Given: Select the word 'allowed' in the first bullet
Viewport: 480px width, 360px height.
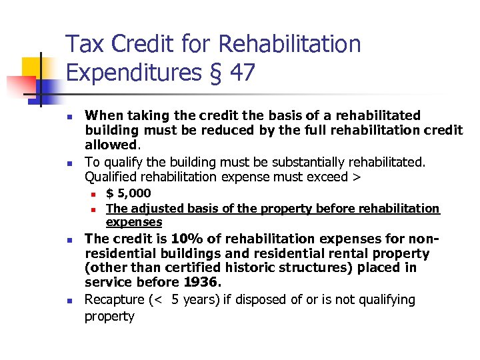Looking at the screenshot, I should tap(110, 145).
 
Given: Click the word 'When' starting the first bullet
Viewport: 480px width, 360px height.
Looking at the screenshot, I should tap(101, 115).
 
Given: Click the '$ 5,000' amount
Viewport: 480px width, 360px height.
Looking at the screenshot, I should tap(129, 193).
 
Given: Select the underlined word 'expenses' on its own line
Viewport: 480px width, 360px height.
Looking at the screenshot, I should tap(134, 222).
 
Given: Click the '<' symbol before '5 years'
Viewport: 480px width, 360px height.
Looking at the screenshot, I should tap(159, 300).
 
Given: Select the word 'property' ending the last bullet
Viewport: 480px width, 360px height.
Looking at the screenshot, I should tap(109, 316).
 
